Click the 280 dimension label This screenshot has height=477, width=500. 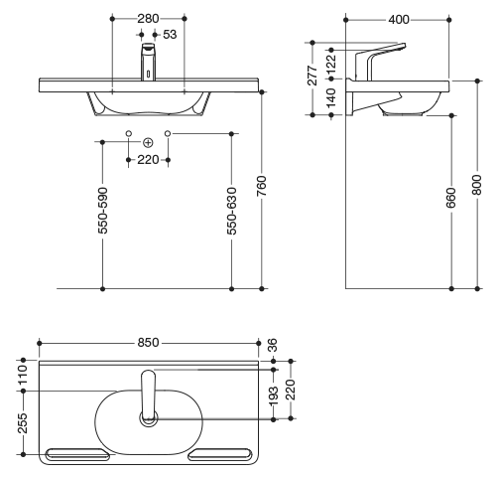click(148, 19)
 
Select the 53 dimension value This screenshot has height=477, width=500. click(170, 34)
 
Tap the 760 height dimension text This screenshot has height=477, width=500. click(261, 186)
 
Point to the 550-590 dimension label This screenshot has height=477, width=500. click(103, 211)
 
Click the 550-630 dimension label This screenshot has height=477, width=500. click(232, 211)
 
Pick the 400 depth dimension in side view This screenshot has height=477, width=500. click(399, 20)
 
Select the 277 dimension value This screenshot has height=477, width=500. click(312, 76)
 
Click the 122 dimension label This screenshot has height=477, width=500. click(331, 64)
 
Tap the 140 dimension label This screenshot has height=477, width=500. click(331, 97)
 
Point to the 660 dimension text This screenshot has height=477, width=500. click(451, 198)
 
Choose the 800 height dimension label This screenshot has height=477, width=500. click(477, 185)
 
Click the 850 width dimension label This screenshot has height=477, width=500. click(148, 343)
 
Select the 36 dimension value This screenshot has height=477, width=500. click(273, 345)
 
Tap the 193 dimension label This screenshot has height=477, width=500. click(274, 396)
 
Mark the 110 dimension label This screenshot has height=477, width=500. click(23, 375)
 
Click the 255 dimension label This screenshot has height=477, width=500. click(23, 423)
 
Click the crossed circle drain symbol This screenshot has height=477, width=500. click(148, 143)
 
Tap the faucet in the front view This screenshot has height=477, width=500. click(149, 62)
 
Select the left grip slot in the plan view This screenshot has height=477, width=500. click(77, 454)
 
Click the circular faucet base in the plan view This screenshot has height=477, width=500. click(149, 418)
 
